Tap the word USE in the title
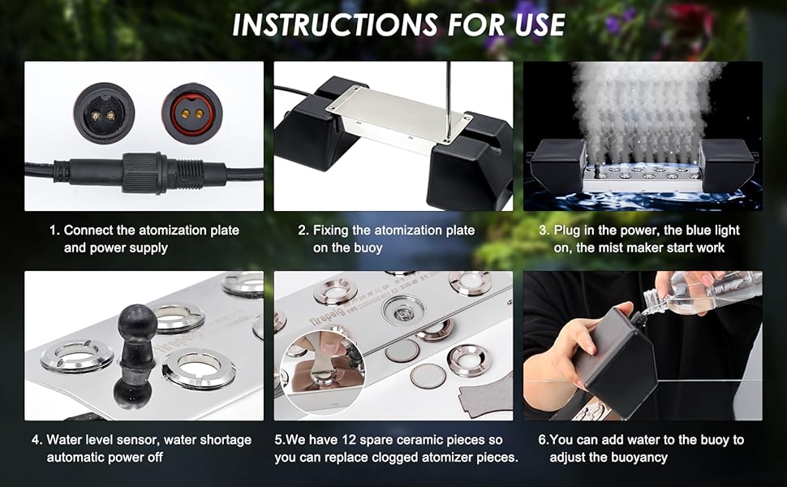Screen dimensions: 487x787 [x=527, y=24]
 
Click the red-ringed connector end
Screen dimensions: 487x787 [x=191, y=113]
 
